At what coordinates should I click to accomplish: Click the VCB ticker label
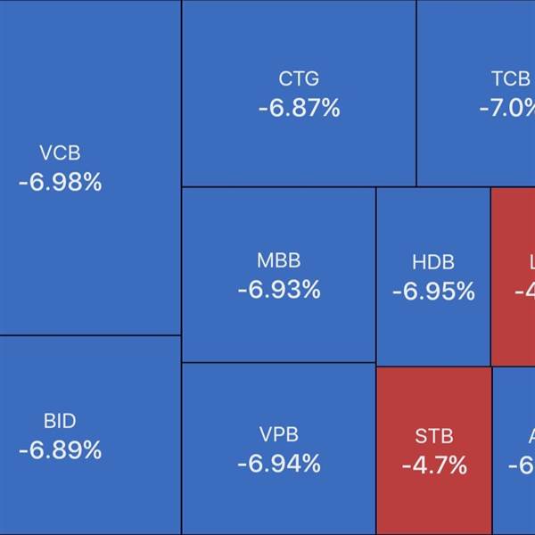pos(60,153)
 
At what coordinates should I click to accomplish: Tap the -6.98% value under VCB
pos(60,183)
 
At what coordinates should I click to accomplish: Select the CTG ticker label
pos(299,79)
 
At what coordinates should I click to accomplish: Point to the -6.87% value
pos(299,109)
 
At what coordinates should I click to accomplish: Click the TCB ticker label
pos(510,79)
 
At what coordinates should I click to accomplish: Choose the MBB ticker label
pos(278,261)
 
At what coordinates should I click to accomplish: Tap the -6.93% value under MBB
pos(278,290)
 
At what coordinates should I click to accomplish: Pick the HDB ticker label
pos(433,262)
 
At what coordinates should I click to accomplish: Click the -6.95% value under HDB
pos(433,291)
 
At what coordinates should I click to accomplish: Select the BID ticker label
pos(60,421)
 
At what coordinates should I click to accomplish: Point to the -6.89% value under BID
pos(60,450)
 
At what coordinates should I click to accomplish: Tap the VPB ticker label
pos(278,435)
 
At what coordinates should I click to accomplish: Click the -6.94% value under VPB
pos(278,464)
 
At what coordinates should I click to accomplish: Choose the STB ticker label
pos(434,436)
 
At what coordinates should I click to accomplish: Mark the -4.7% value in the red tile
pos(434,465)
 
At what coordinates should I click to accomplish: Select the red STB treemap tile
pos(434,499)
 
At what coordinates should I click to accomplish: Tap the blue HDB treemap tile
pos(433,330)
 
